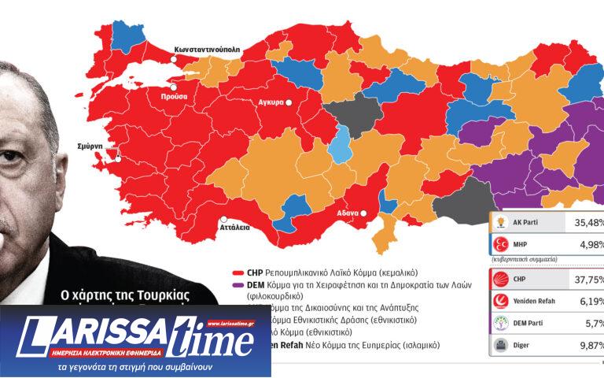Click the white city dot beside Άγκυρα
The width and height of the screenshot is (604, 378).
289,103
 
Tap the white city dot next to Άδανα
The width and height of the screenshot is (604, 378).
365,213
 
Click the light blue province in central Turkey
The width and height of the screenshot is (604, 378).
339,143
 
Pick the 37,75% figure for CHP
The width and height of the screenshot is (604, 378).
586,278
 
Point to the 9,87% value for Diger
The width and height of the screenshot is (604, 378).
587,344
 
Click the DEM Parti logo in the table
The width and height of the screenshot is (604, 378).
501,322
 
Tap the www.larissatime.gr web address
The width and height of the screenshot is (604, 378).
233,323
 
